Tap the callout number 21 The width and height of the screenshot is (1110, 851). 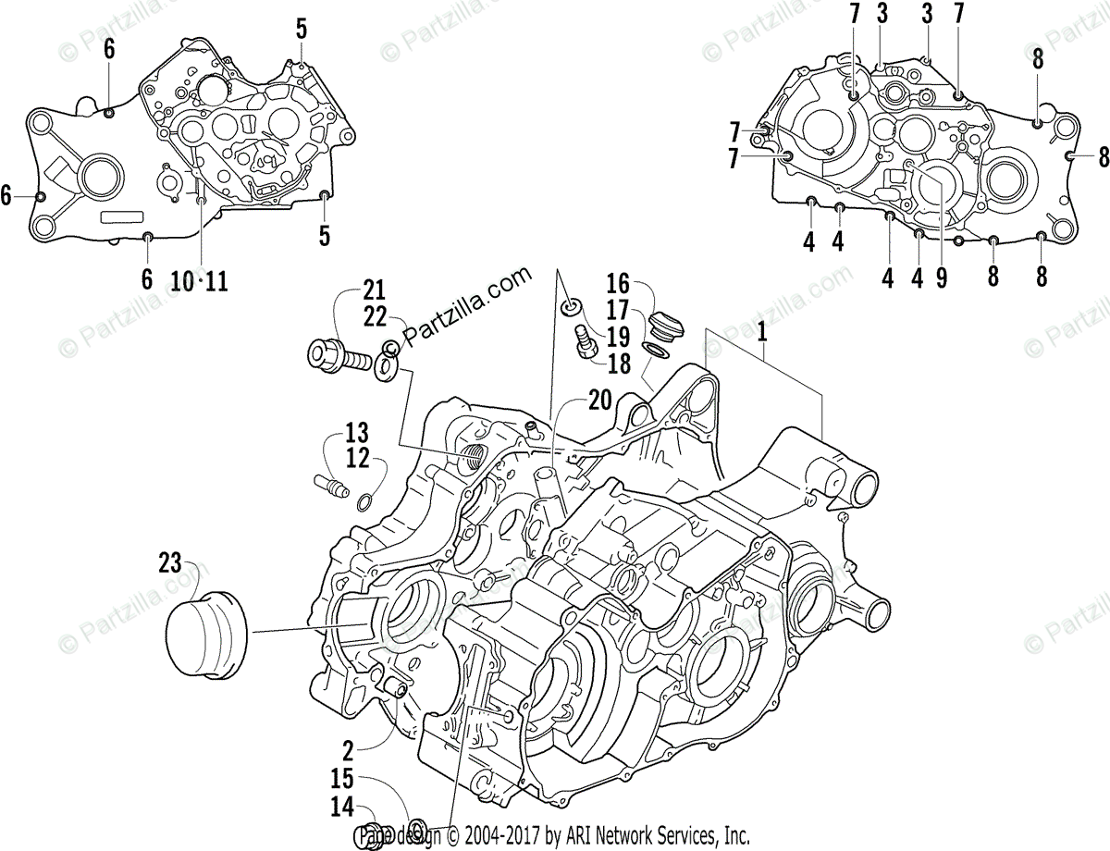[x=374, y=289]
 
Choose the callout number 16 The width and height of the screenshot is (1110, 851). [x=618, y=283]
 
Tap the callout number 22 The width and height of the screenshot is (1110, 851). [x=375, y=316]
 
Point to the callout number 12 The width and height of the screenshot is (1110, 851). [x=357, y=458]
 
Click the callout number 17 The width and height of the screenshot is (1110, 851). [x=618, y=309]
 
